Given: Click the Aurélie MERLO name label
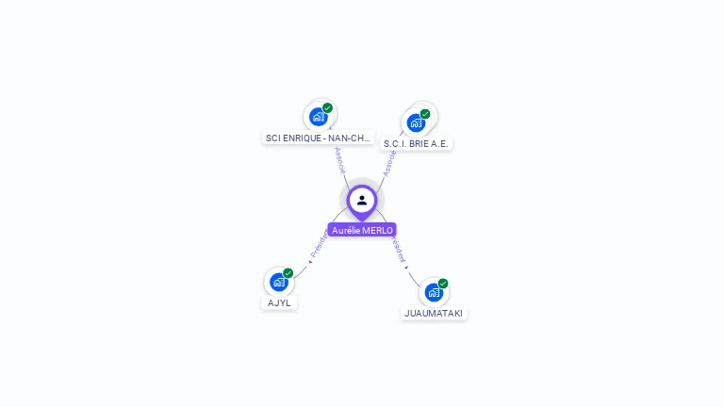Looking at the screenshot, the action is (362, 230).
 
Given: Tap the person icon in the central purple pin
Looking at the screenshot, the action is (362, 200).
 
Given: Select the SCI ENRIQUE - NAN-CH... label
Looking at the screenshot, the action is (319, 138).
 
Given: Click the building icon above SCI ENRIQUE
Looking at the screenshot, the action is (319, 117).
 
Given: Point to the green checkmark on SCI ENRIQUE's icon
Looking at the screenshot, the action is (328, 108).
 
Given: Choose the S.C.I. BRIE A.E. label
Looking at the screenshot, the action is (417, 143).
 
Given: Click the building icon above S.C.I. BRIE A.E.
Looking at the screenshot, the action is (416, 122).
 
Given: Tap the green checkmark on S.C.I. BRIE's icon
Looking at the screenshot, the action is (425, 114).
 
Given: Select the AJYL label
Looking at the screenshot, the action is (279, 302).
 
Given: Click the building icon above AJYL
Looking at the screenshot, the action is (278, 282).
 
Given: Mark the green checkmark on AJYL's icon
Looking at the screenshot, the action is (288, 273).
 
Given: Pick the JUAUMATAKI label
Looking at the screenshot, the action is (434, 313).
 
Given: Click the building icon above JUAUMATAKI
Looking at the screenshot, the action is (434, 292).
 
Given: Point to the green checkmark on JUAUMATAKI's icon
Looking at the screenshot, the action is (443, 284).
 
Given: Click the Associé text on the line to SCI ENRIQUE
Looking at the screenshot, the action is (339, 158).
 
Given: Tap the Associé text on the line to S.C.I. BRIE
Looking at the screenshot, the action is (387, 162).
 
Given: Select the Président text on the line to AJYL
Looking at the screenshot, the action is (319, 243).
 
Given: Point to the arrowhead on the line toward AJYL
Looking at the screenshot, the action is (309, 262).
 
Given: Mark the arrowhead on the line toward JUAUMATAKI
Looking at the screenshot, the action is (407, 267).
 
